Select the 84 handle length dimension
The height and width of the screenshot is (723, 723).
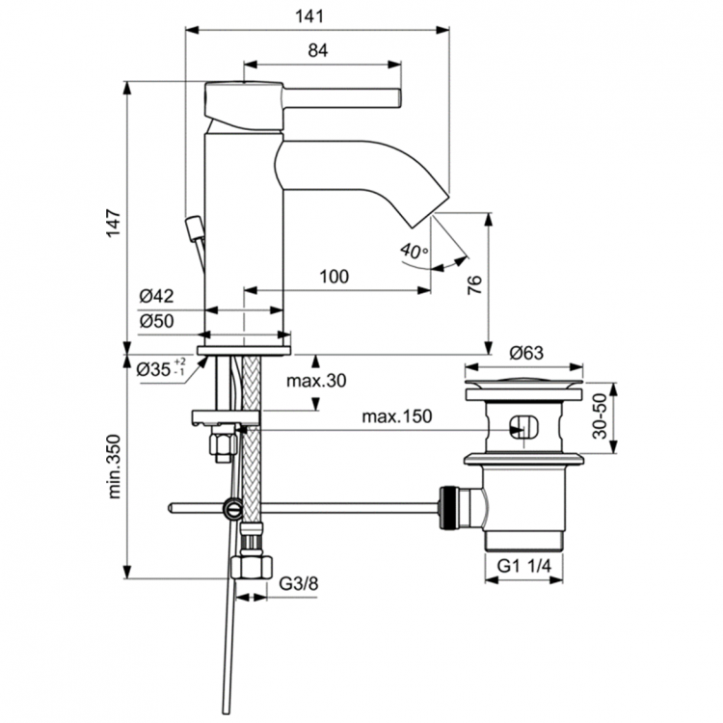(319, 52)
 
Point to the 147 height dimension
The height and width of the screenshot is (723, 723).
(112, 224)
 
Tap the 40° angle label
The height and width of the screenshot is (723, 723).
(414, 251)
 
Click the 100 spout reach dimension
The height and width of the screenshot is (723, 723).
(333, 277)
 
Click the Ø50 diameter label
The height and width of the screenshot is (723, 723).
(155, 321)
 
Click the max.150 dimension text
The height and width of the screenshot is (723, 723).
(396, 416)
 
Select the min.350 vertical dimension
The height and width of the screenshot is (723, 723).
(112, 467)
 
